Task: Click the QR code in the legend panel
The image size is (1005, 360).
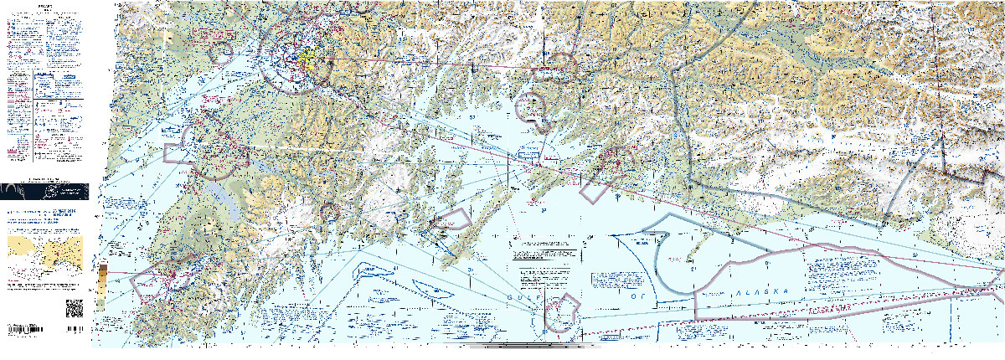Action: click(75, 307)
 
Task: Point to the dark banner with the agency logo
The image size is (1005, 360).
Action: click(46, 190)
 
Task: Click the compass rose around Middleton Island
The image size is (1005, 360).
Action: click(556, 314)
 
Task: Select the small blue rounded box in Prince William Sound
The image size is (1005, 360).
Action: click(528, 155)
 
